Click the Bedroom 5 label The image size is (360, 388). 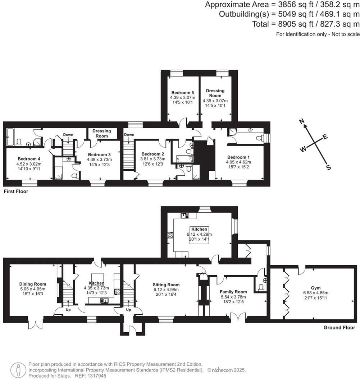pyautogui.click(x=183, y=92)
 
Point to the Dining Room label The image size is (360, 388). pyautogui.click(x=33, y=284)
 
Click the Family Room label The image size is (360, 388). pyautogui.click(x=233, y=292)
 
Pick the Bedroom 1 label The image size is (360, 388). pyautogui.click(x=238, y=157)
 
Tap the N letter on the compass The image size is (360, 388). pyautogui.click(x=302, y=121)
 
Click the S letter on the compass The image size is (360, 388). pyautogui.click(x=328, y=167)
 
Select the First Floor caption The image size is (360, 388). pyautogui.click(x=16, y=191)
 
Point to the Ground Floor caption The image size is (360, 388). pyautogui.click(x=339, y=328)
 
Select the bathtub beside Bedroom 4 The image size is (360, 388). pyautogui.click(x=10, y=137)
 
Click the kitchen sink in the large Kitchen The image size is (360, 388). pyautogui.click(x=185, y=216)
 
